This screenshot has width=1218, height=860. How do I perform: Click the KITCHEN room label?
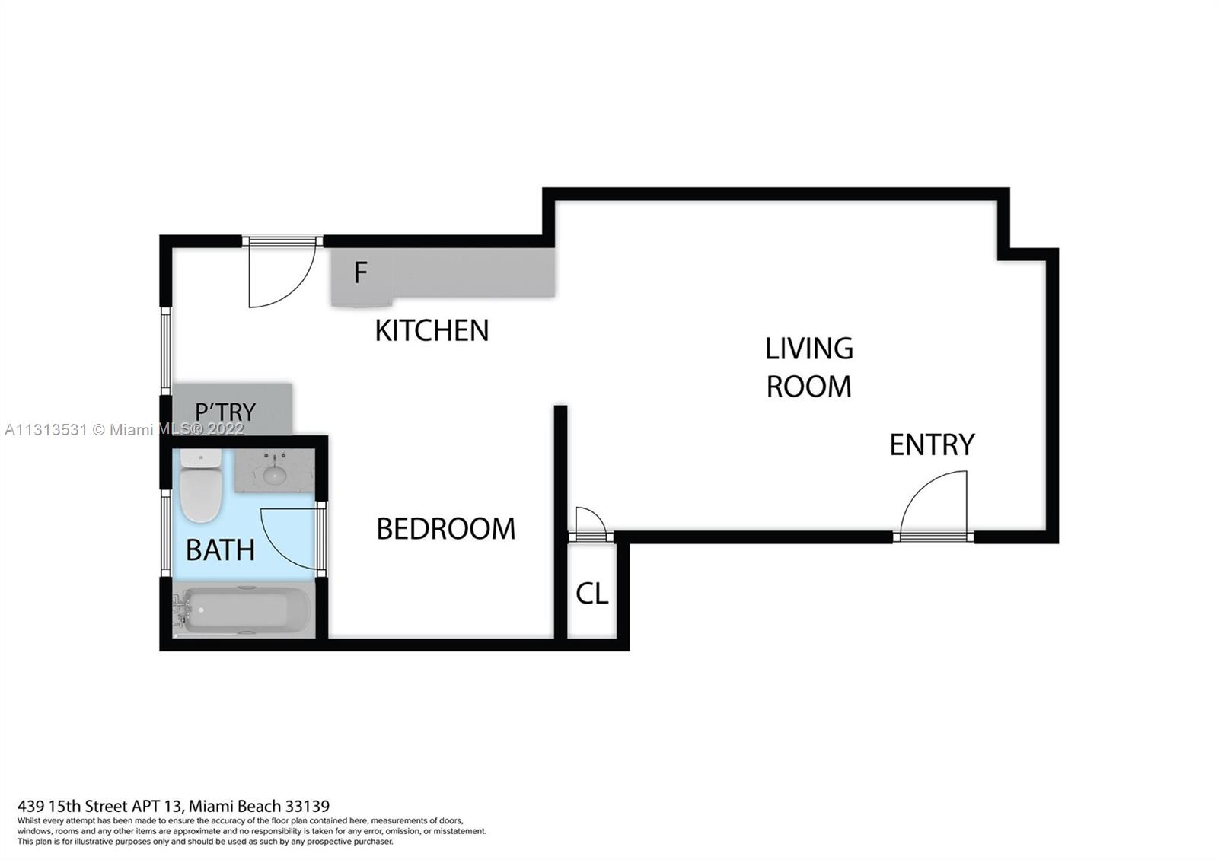click(432, 330)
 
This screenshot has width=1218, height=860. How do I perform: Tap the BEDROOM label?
click(446, 529)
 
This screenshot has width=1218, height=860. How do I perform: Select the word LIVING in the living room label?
click(809, 349)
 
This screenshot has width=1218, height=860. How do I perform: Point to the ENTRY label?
click(932, 444)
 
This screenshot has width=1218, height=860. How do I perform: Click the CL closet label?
click(591, 594)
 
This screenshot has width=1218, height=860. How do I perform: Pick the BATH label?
click(220, 550)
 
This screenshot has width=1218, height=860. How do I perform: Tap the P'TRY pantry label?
click(225, 412)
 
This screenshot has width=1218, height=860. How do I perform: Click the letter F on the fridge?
click(361, 272)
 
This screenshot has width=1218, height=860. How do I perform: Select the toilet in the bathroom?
click(201, 485)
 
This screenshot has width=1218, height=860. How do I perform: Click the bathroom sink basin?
click(275, 475)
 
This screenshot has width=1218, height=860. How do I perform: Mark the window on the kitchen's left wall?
click(166, 351)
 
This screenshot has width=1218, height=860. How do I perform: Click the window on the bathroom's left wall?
click(166, 533)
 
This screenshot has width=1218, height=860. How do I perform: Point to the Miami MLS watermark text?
click(125, 430)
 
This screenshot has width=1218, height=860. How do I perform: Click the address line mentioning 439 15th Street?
click(174, 806)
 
